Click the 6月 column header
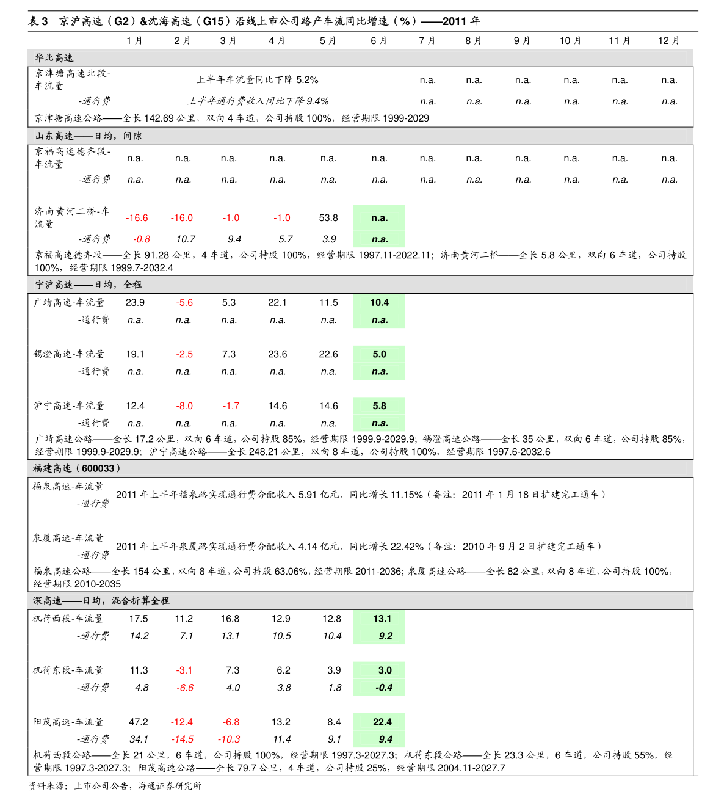[x=378, y=41]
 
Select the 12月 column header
[x=668, y=41]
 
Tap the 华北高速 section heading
[x=54, y=58]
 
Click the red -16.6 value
[x=137, y=218]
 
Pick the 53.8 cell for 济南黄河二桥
[x=328, y=218]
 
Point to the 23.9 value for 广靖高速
[x=135, y=302]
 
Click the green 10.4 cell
[x=379, y=303]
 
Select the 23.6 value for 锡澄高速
[x=277, y=354]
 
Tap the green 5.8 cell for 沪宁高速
[x=379, y=405]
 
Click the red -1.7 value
[x=231, y=405]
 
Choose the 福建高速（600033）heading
[x=76, y=468]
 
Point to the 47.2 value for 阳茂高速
[x=139, y=722]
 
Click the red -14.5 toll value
[x=182, y=739]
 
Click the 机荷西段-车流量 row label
[x=68, y=619]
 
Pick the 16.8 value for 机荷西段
[x=230, y=619]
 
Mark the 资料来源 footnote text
[x=115, y=786]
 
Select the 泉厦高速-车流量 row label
[x=68, y=537]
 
